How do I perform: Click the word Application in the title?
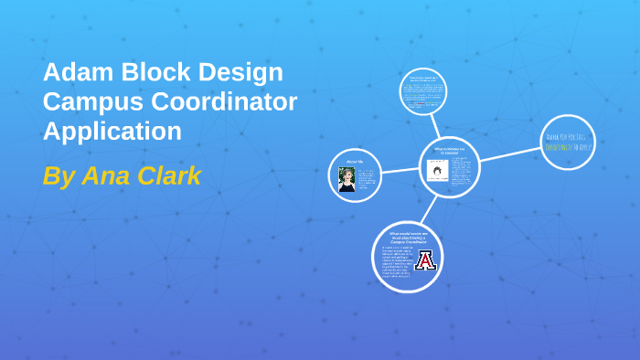click(x=112, y=132)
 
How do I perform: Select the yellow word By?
click(x=59, y=175)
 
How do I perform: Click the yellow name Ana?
click(x=108, y=175)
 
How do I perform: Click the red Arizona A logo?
click(x=425, y=261)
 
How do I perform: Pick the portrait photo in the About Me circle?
click(x=347, y=179)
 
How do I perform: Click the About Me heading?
click(x=356, y=161)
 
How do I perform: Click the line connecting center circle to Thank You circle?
click(x=508, y=154)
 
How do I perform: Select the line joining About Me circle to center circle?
click(x=400, y=169)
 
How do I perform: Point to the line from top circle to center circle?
click(x=437, y=125)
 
